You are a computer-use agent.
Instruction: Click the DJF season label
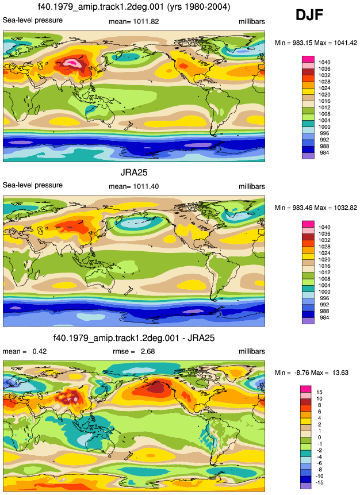click(309, 15)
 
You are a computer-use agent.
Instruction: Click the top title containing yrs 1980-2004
click(134, 6)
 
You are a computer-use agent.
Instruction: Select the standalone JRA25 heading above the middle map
click(134, 172)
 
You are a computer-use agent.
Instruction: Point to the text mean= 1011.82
click(134, 21)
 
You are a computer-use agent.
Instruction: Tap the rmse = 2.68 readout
click(134, 351)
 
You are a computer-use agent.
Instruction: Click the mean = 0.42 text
click(25, 351)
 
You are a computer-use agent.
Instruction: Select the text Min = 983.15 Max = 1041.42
click(316, 43)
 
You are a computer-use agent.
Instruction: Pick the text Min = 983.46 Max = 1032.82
click(316, 208)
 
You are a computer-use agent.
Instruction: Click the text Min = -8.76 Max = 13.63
click(311, 373)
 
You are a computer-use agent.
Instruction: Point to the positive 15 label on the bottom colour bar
click(319, 392)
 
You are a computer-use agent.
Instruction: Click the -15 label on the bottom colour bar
click(319, 482)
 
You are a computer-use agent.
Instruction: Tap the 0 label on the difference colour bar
click(319, 438)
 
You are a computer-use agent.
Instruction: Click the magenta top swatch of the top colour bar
click(308, 59)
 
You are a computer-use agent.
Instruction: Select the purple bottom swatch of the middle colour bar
click(308, 320)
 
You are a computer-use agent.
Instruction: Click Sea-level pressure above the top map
click(33, 20)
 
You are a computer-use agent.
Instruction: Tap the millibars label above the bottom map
click(252, 351)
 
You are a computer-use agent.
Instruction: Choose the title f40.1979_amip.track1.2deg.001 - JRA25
click(134, 338)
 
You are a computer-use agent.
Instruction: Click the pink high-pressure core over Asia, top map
click(73, 62)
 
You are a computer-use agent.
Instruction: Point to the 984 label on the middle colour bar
click(324, 317)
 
